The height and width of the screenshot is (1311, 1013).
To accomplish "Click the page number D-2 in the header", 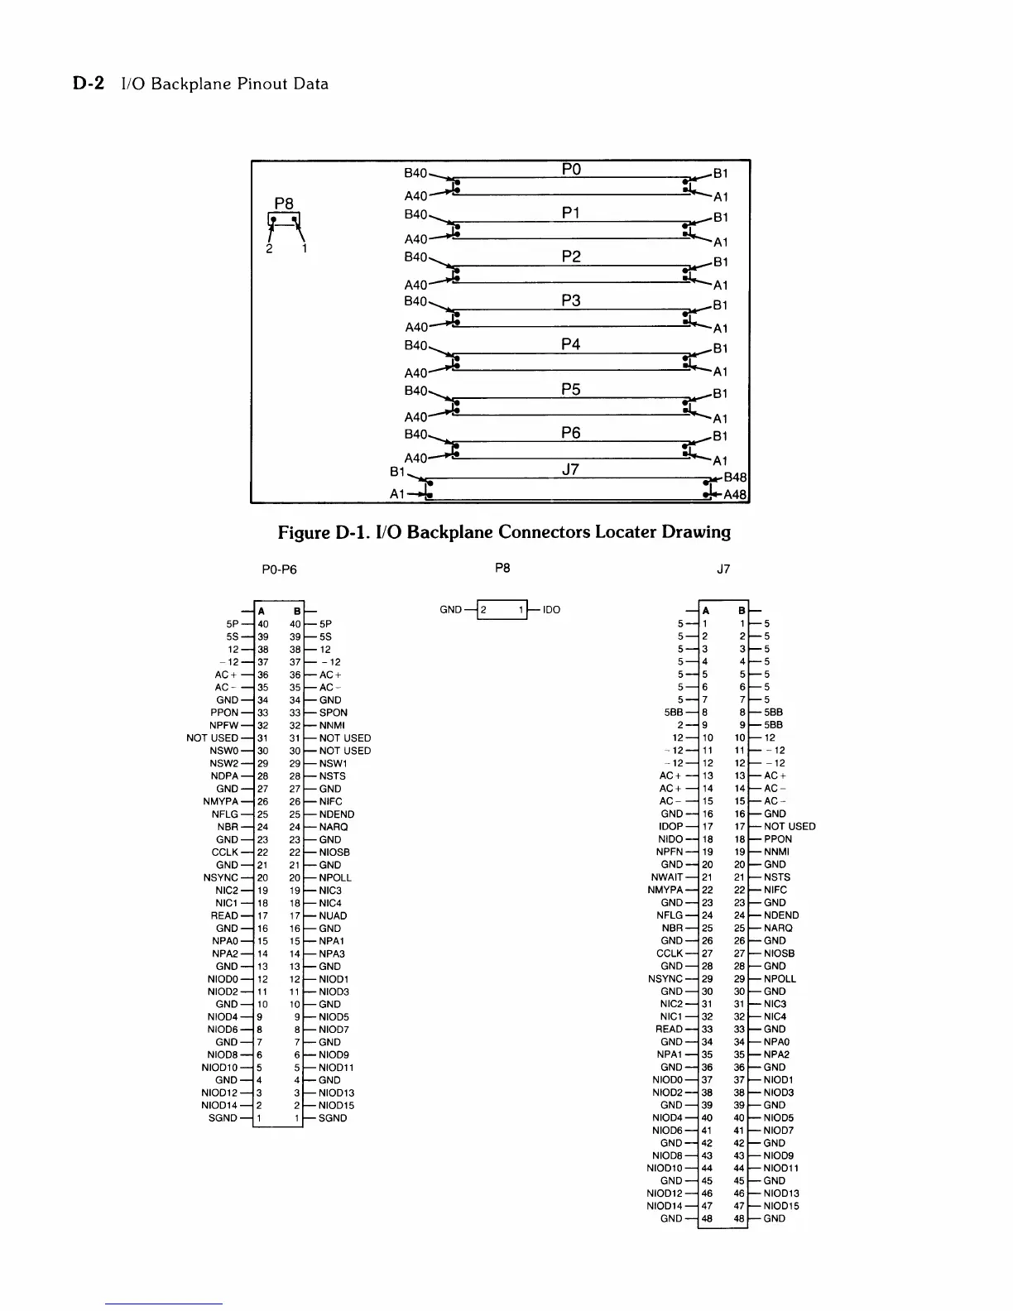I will pyautogui.click(x=88, y=84).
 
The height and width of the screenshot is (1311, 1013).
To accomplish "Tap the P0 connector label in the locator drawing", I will pyautogui.click(x=571, y=169).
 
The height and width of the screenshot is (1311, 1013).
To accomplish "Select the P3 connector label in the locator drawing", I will pyautogui.click(x=571, y=300).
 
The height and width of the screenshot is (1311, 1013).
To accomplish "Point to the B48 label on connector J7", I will pyautogui.click(x=735, y=478).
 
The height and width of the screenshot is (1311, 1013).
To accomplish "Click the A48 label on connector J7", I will pyautogui.click(x=735, y=495).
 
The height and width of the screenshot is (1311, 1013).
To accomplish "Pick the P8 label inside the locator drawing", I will pyautogui.click(x=284, y=203).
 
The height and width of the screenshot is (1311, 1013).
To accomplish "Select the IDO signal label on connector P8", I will pyautogui.click(x=551, y=610).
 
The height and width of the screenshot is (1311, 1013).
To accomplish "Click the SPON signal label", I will pyautogui.click(x=333, y=713).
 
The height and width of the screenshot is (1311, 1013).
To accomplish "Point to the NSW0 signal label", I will pyautogui.click(x=224, y=751).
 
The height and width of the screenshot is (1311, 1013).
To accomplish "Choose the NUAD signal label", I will pyautogui.click(x=333, y=915).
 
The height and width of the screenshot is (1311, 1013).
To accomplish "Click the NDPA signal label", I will pyautogui.click(x=225, y=776).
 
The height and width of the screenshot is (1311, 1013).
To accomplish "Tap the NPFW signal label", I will pyautogui.click(x=224, y=725).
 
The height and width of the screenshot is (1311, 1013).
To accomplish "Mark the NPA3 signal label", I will pyautogui.click(x=332, y=953).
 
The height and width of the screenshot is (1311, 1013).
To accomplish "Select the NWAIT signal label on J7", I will pyautogui.click(x=667, y=877).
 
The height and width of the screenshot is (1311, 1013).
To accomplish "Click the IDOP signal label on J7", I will pyautogui.click(x=670, y=826).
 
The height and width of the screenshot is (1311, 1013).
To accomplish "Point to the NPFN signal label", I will pyautogui.click(x=670, y=852).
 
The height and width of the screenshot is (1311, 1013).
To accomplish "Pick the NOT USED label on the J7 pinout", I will pyautogui.click(x=790, y=826).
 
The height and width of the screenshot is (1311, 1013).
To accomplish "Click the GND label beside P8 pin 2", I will pyautogui.click(x=450, y=610).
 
